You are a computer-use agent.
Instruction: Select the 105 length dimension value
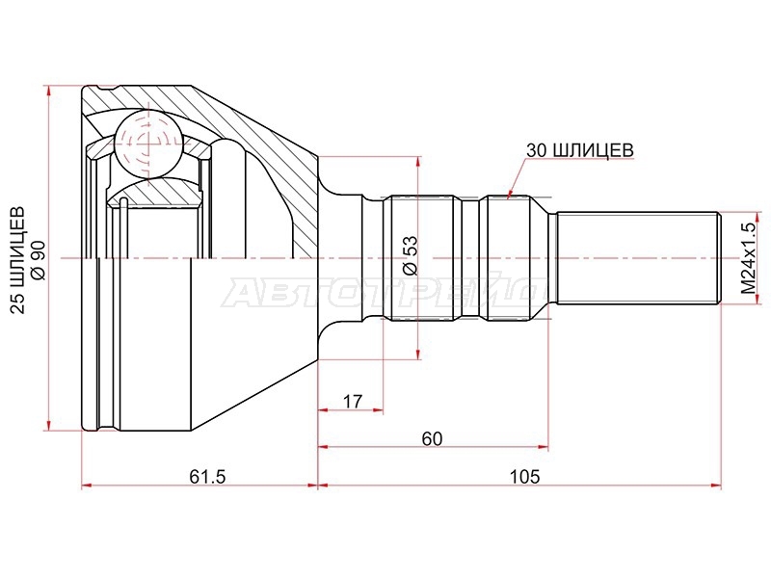click(x=524, y=476)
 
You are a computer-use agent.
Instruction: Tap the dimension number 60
click(x=432, y=438)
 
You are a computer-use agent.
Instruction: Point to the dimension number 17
click(x=352, y=402)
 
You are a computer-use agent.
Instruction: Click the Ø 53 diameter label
click(x=410, y=255)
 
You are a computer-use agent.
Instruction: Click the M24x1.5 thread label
click(x=749, y=258)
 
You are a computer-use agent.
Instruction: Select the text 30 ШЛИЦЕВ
click(x=580, y=150)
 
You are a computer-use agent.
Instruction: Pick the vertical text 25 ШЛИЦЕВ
click(x=17, y=260)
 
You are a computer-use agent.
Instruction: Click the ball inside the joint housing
click(x=148, y=144)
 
